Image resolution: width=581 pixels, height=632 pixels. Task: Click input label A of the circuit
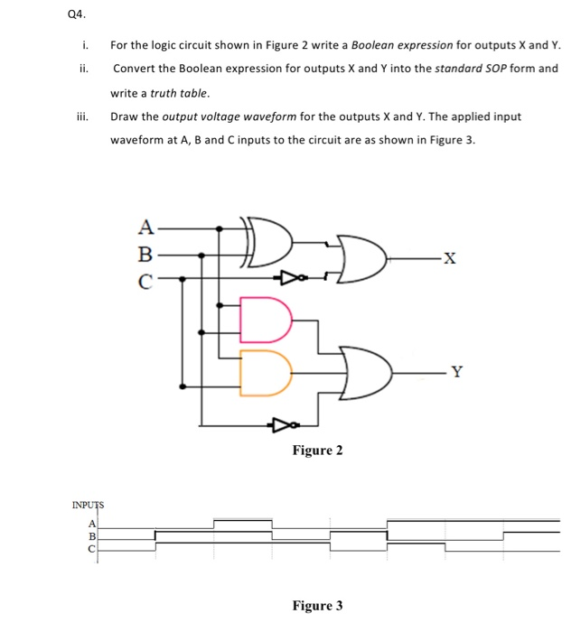pyautogui.click(x=144, y=227)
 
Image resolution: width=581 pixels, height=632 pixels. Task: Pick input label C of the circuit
pyautogui.click(x=144, y=279)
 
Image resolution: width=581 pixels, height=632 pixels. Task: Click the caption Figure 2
pyautogui.click(x=317, y=450)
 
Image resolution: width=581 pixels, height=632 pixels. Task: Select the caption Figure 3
pyautogui.click(x=317, y=605)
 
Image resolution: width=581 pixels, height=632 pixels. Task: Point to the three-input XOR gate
pyautogui.click(x=268, y=243)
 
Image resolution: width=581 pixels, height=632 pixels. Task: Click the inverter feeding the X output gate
pyautogui.click(x=289, y=277)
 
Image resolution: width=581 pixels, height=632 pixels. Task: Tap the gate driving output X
pyautogui.click(x=361, y=259)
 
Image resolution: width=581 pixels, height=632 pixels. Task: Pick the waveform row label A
pyautogui.click(x=90, y=523)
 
